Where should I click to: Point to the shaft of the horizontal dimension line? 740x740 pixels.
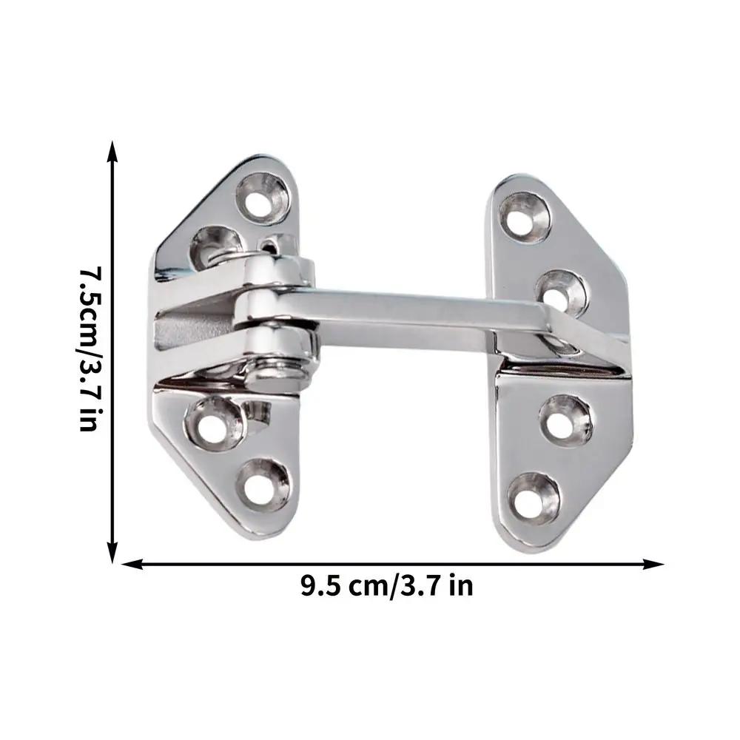(392, 564)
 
